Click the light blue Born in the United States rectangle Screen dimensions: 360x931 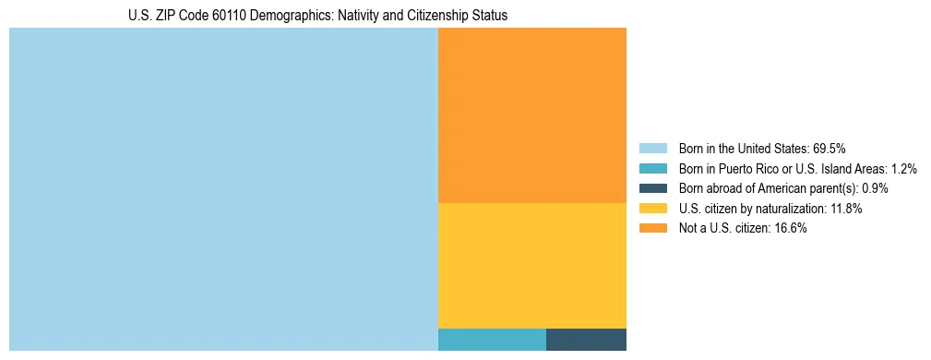click(x=223, y=189)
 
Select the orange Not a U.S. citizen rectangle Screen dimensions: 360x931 click(x=532, y=115)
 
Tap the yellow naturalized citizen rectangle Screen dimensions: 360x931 click(x=532, y=265)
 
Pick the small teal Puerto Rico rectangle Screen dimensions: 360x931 click(x=492, y=339)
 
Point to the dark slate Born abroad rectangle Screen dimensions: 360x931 click(x=586, y=339)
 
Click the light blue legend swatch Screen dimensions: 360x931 click(x=653, y=148)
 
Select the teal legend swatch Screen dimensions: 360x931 click(x=653, y=168)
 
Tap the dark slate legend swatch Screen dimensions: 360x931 click(x=653, y=188)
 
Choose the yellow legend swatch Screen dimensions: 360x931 click(x=653, y=209)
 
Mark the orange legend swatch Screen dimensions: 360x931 click(x=653, y=229)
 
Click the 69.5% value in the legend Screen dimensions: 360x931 click(x=830, y=148)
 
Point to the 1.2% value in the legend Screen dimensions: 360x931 click(x=901, y=168)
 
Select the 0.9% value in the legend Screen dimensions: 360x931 click(x=874, y=188)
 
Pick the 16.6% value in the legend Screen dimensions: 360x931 click(x=791, y=229)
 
